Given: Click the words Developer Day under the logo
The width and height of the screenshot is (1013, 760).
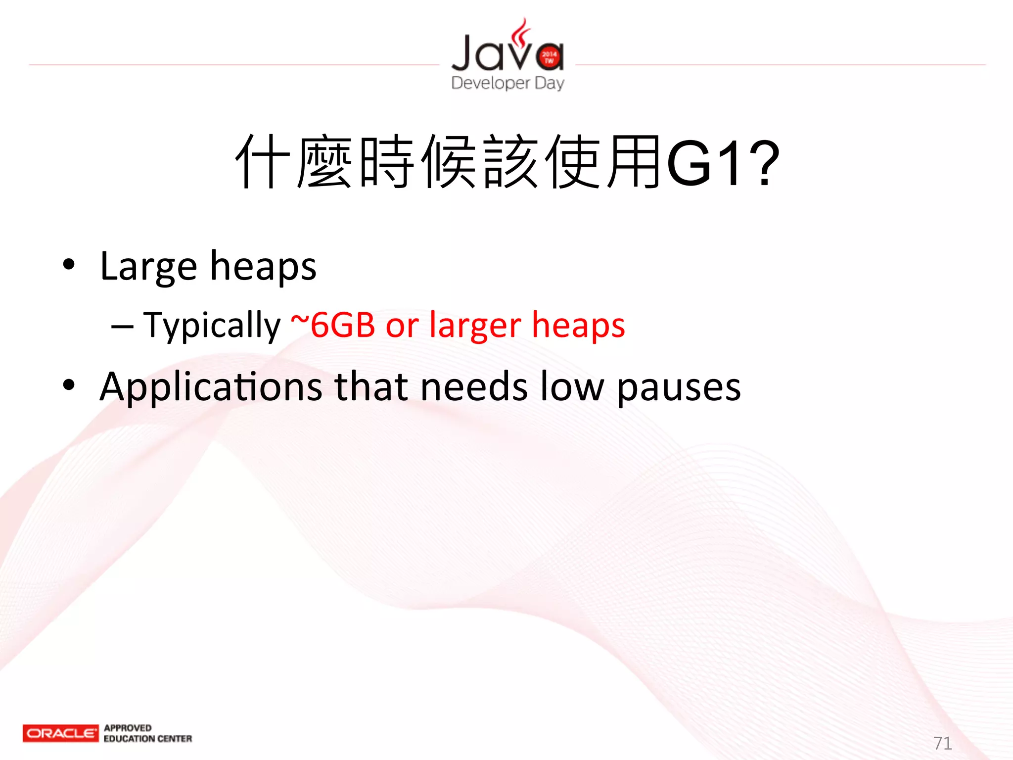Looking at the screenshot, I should (x=507, y=83).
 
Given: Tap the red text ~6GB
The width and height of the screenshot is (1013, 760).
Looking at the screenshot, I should (x=333, y=325).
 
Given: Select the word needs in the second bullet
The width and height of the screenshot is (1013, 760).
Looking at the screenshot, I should (x=474, y=386).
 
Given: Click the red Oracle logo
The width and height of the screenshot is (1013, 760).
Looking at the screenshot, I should (x=60, y=733).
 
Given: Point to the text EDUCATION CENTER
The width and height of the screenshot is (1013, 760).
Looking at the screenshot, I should (x=147, y=739).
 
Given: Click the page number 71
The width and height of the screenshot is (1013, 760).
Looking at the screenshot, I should (x=942, y=743).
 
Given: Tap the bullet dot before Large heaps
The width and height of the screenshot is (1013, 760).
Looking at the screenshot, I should (x=69, y=265).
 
